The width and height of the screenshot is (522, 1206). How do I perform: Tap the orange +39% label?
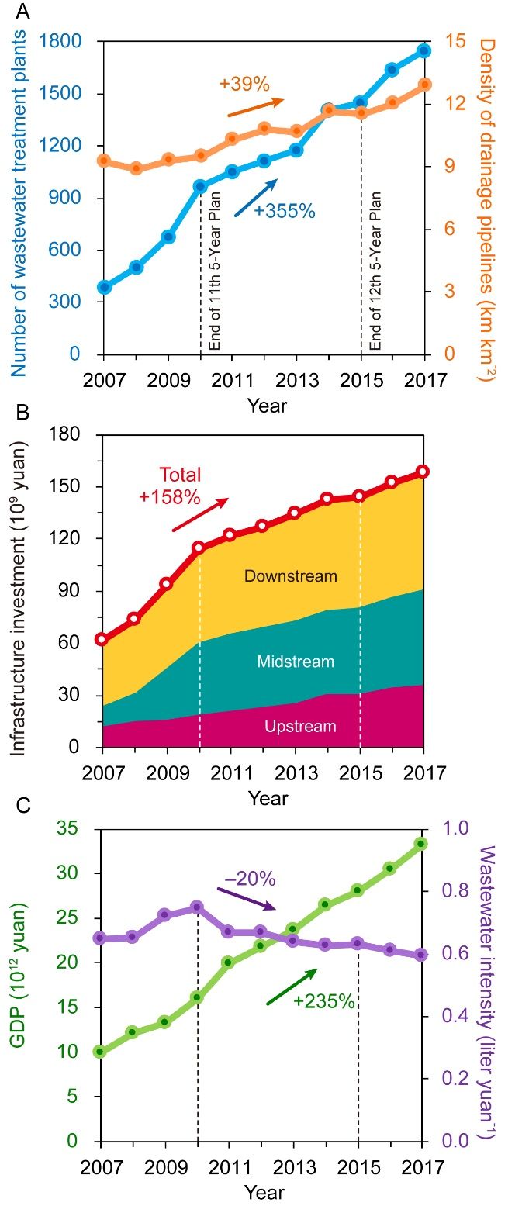(x=244, y=85)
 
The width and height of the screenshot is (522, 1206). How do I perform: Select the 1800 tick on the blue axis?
(x=71, y=42)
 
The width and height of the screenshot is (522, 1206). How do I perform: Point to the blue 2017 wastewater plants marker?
(x=423, y=51)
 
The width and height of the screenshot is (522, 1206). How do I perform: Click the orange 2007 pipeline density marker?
(x=103, y=161)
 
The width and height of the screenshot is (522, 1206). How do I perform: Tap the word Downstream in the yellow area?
(x=291, y=576)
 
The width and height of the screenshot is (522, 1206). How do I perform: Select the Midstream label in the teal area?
(x=296, y=662)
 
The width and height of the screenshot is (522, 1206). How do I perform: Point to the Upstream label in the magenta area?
(x=301, y=727)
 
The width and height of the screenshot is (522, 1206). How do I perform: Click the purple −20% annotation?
(x=251, y=879)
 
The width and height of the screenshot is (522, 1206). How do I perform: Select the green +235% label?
(x=323, y=1001)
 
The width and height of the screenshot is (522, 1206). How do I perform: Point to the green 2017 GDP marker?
(x=420, y=844)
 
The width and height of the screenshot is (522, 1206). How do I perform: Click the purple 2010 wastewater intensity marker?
(x=197, y=907)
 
